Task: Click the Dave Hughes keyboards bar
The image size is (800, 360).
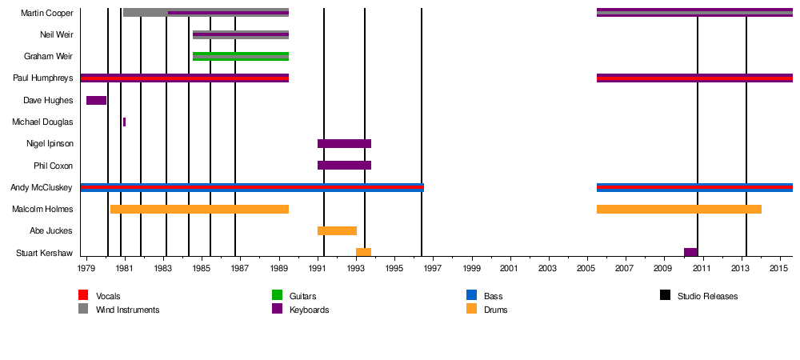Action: click(x=96, y=100)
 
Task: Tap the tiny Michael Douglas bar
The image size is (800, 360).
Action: click(x=124, y=122)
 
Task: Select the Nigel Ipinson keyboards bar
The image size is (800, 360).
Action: click(x=344, y=144)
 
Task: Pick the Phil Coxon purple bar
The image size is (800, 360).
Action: click(x=344, y=166)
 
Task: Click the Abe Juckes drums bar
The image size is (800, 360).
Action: click(x=337, y=230)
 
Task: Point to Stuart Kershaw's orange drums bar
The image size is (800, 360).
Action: click(x=363, y=252)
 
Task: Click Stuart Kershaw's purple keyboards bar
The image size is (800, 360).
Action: click(x=690, y=252)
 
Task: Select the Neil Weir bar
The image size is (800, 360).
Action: click(x=240, y=35)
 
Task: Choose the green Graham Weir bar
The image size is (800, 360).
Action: click(x=240, y=57)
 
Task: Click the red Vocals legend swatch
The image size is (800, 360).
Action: click(x=83, y=295)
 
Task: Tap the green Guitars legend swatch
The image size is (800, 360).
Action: click(x=277, y=295)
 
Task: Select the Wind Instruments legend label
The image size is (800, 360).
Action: click(x=127, y=310)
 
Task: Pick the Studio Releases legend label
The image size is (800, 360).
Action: click(x=707, y=296)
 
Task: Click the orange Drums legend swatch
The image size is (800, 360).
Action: click(x=471, y=309)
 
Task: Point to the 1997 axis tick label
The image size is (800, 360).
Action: click(x=433, y=270)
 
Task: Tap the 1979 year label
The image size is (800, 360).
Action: click(x=86, y=270)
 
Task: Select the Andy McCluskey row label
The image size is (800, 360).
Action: click(x=41, y=188)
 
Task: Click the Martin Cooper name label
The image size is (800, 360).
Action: click(x=46, y=14)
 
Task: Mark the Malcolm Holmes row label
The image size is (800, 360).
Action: click(x=42, y=210)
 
